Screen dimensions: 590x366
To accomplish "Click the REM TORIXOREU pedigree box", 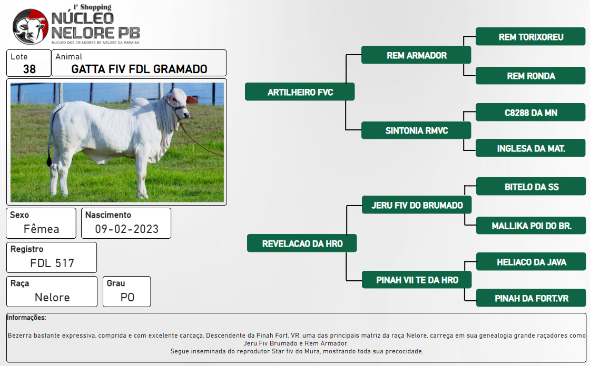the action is [530, 36].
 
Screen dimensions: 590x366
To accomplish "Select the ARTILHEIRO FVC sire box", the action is [300, 91].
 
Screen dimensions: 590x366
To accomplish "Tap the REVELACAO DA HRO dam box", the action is [302, 243].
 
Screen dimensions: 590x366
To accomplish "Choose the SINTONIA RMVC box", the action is [416, 130].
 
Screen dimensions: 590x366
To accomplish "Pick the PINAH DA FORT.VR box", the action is [531, 298].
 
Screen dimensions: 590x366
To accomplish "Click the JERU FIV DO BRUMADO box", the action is [417, 205].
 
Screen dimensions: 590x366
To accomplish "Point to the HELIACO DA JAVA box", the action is [531, 261].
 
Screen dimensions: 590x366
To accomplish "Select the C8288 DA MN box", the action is [530, 113].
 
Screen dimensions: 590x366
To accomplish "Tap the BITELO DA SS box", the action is [531, 186].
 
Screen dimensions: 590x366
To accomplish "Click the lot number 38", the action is [29, 69].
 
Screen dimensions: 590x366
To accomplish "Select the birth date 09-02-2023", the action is [126, 229].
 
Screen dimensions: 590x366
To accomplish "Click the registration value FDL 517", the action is [52, 263].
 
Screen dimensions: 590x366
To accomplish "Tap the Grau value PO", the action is [127, 297].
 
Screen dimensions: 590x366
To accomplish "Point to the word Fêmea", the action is [42, 228].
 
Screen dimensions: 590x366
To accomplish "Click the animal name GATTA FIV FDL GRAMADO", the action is [139, 69].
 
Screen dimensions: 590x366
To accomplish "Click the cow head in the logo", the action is [30, 27].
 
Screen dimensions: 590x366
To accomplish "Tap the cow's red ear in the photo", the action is [192, 100].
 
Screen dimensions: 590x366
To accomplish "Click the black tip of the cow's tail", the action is [49, 161].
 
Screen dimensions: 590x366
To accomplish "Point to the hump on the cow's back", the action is [140, 102].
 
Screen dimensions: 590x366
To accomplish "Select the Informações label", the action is [26, 318].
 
